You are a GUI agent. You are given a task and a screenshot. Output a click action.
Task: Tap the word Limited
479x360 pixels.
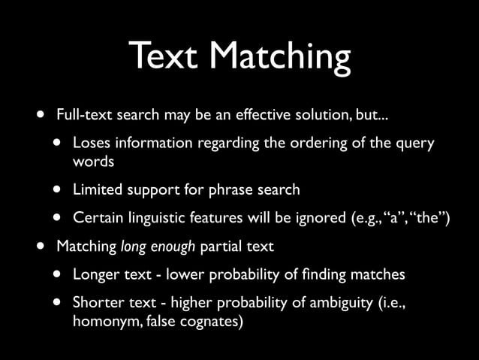point(95,190)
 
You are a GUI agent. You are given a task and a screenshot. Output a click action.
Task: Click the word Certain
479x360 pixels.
point(96,218)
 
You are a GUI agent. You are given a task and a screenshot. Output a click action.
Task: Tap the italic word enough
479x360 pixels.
point(176,247)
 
